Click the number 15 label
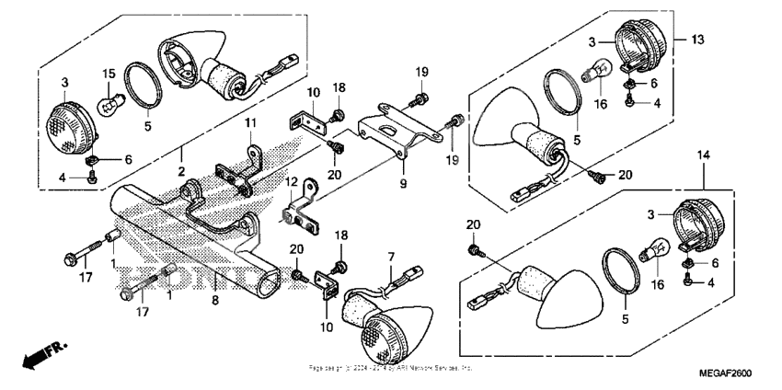(108, 73)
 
